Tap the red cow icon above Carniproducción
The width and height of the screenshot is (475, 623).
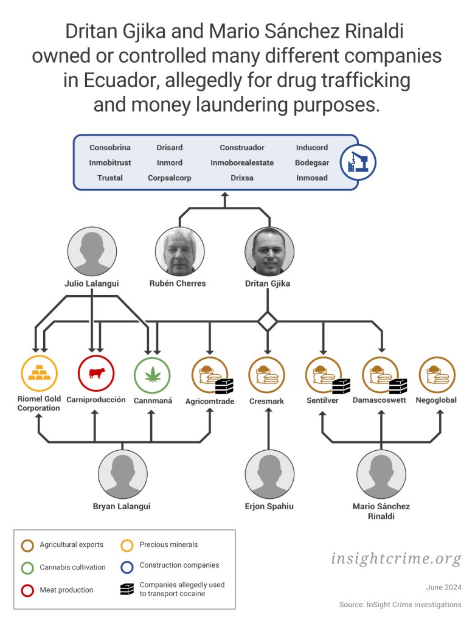(96, 374)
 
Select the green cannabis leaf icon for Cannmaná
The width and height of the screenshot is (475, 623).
(153, 375)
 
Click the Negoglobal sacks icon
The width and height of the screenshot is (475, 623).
(437, 375)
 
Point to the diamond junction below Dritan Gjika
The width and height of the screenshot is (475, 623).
(268, 321)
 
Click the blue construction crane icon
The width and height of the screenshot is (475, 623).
(358, 162)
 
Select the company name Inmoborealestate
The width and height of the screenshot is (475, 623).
(242, 162)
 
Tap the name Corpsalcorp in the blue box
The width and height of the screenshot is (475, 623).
(170, 178)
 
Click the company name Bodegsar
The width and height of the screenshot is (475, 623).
(312, 162)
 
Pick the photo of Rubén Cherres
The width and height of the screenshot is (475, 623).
(180, 251)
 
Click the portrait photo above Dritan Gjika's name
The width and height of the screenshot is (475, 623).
(269, 251)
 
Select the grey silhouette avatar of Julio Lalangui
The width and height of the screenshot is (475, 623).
(92, 251)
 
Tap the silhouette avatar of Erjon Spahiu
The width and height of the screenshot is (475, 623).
(269, 474)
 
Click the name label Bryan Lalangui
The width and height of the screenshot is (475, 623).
(122, 506)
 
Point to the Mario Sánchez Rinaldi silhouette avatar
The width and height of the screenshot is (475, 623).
(381, 474)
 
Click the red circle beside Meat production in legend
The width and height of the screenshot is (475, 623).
(27, 590)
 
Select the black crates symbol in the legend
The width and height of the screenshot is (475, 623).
(127, 589)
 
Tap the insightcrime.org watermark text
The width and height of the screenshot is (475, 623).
(396, 559)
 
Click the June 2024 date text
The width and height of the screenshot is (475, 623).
(443, 587)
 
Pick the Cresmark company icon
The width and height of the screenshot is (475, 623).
(267, 375)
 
